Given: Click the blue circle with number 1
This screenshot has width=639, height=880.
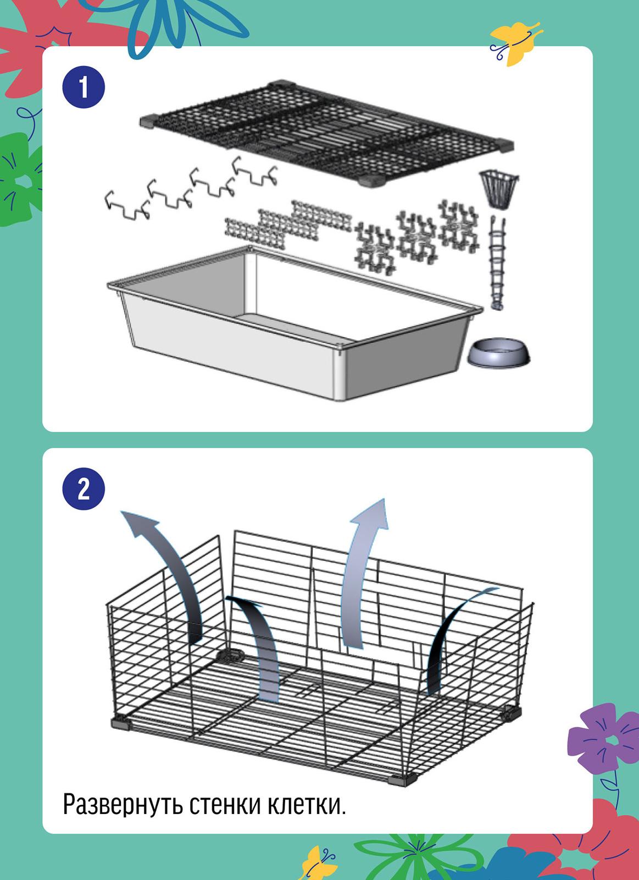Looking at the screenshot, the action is coord(84,87).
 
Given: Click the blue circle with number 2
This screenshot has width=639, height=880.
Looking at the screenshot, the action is coord(84,489).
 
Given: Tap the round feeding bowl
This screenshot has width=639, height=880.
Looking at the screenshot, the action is coord(498,353).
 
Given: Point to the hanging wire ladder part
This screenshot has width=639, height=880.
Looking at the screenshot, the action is coord(498,263).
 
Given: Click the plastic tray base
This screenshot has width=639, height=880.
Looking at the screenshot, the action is coord(295,322).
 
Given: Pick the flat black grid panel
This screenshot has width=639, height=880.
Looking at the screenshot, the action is coord(326,134).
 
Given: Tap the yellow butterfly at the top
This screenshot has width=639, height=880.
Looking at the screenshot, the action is coord(515,42).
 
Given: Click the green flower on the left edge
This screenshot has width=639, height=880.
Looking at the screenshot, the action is coord(20,179).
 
